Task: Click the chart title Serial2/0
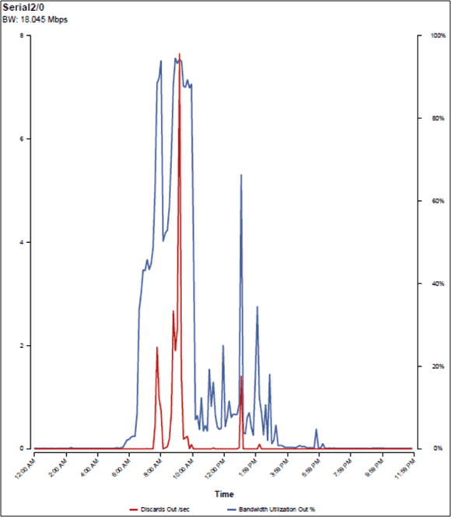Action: [24, 7]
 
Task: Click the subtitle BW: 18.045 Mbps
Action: [34, 19]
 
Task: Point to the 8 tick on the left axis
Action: [23, 36]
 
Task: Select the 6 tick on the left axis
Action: [23, 139]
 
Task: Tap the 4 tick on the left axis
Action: [23, 242]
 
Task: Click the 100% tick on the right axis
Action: [435, 36]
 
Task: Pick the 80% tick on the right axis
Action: [436, 118]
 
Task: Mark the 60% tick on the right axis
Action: [436, 201]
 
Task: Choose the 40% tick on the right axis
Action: [436, 283]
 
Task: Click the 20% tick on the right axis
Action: [436, 366]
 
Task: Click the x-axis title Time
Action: [224, 494]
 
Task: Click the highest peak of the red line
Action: [180, 55]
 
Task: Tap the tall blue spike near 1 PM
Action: [241, 175]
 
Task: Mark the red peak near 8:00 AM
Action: [157, 348]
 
